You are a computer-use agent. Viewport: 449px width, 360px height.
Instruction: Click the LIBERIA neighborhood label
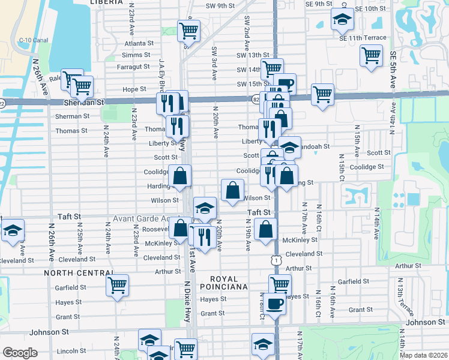tap(105, 2)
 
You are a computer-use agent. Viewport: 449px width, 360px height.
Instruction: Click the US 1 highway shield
tap(276, 260)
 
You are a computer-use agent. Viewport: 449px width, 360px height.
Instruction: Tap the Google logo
tap(20, 353)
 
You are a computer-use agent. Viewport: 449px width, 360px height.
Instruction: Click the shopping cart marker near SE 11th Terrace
tap(372, 55)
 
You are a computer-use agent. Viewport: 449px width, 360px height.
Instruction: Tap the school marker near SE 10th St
tap(343, 20)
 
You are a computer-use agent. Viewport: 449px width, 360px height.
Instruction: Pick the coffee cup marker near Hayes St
tap(274, 303)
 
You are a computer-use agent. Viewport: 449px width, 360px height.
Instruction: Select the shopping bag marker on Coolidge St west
tap(179, 176)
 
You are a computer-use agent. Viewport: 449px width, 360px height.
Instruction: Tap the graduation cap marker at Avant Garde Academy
tap(205, 208)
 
